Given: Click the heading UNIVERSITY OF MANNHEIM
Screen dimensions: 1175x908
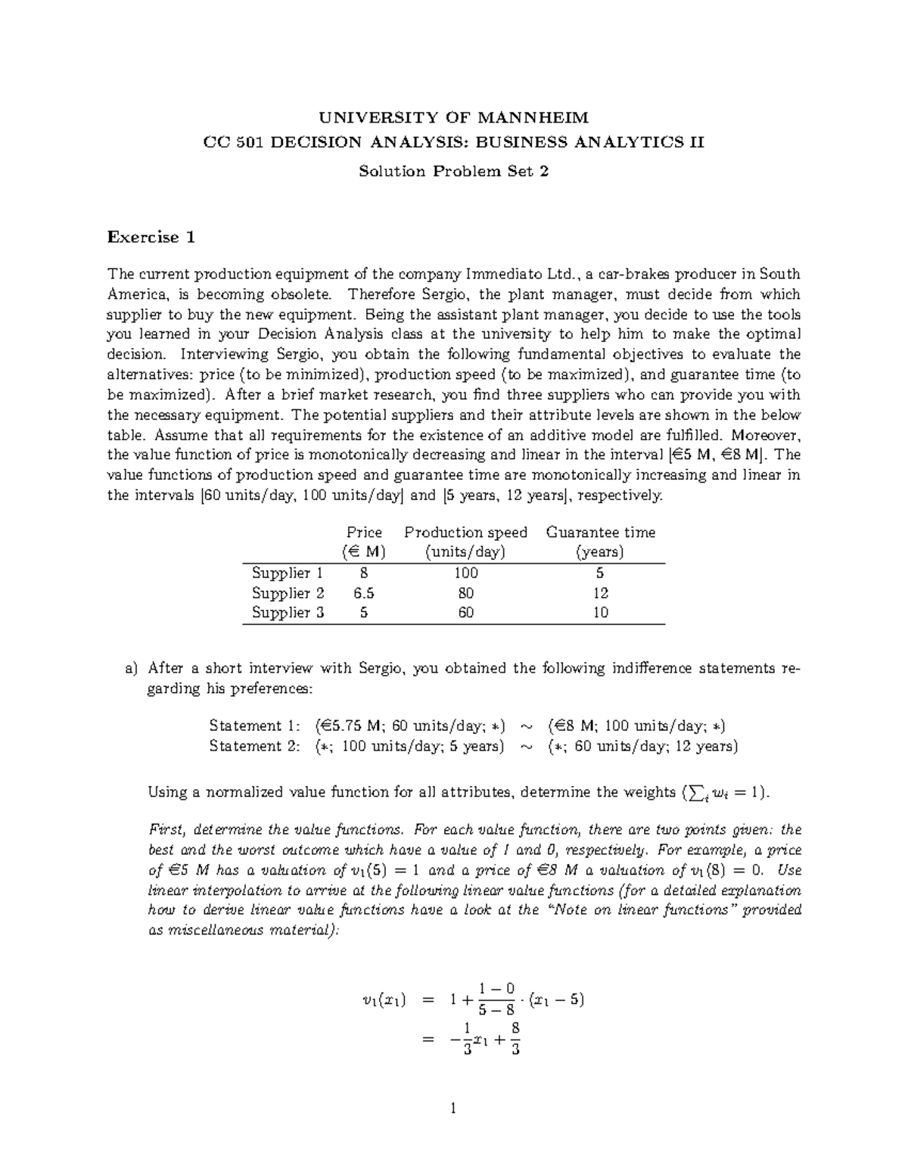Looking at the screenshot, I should click(x=453, y=117).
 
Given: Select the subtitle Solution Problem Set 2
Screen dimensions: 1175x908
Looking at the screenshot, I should click(x=453, y=172).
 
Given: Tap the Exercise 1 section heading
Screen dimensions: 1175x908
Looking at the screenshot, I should click(x=151, y=237).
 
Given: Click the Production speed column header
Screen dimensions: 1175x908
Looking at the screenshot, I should click(x=465, y=532).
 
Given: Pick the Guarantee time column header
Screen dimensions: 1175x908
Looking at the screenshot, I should click(x=600, y=532).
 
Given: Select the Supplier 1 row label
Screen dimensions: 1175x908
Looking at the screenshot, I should click(x=288, y=573).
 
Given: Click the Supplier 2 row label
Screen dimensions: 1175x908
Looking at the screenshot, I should click(x=288, y=592).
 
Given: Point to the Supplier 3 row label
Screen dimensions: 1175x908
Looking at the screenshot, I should click(x=288, y=612).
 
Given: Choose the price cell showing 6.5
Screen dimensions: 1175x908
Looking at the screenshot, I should click(x=363, y=592).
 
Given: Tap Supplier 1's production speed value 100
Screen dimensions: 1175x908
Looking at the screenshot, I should click(x=465, y=573).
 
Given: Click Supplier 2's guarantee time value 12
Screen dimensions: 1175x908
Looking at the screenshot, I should click(x=600, y=592).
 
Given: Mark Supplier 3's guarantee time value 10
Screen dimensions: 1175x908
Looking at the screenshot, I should click(x=600, y=612).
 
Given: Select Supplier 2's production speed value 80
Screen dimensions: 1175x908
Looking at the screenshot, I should click(x=465, y=592).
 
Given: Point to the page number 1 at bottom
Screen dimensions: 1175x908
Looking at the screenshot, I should click(x=453, y=1109).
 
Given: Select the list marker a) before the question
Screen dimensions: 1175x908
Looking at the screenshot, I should click(x=132, y=668).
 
